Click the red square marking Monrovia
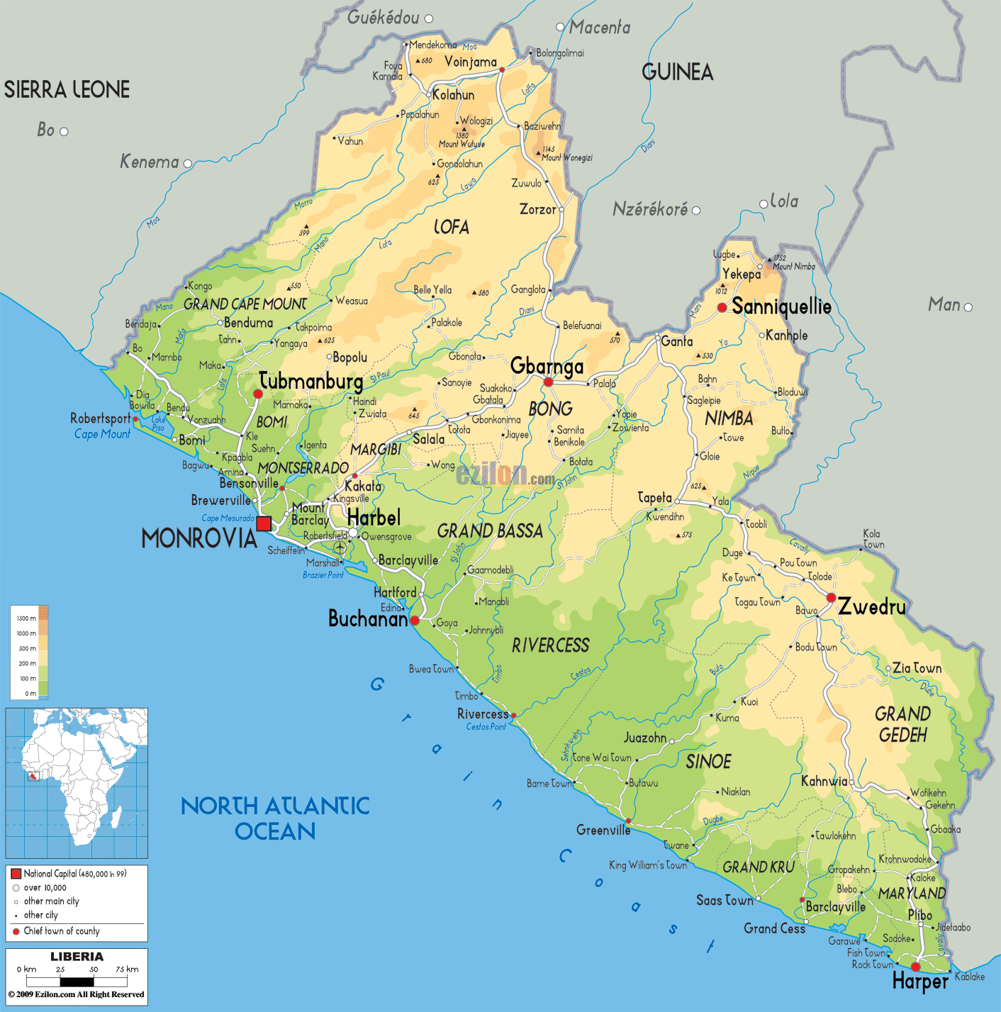pyautogui.click(x=264, y=523)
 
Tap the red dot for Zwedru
pyautogui.click(x=831, y=598)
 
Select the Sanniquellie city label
pyautogui.click(x=781, y=306)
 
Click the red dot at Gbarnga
pyautogui.click(x=548, y=382)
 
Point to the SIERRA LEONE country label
pyautogui.click(x=67, y=90)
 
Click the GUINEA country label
pyautogui.click(x=677, y=72)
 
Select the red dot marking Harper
pyautogui.click(x=915, y=967)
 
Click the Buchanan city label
pyautogui.click(x=367, y=618)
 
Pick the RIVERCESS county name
pyautogui.click(x=550, y=645)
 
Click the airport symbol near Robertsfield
pyautogui.click(x=340, y=548)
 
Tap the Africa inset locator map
pyautogui.click(x=77, y=783)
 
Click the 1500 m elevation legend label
pyautogui.click(x=27, y=618)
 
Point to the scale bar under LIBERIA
pyautogui.click(x=77, y=982)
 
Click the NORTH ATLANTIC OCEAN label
pyautogui.click(x=275, y=818)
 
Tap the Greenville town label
pyautogui.click(x=603, y=830)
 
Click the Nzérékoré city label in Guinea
pyautogui.click(x=649, y=209)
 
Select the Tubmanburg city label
pyautogui.click(x=311, y=382)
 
